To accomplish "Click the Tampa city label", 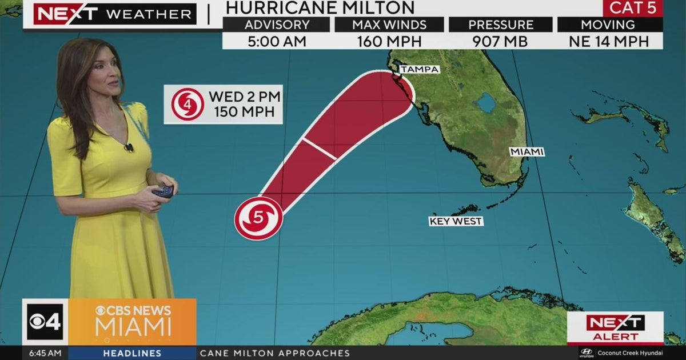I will point(420,69).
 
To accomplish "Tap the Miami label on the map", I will point(527,151).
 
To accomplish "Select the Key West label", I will point(456,221).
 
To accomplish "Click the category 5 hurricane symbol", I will point(258,218).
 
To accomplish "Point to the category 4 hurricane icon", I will point(187,104).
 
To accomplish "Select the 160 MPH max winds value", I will point(389,41).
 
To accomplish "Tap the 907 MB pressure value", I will point(500,41).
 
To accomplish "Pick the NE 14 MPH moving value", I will point(609,41).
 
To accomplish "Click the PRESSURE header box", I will point(500,25).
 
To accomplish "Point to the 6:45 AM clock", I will point(45,353).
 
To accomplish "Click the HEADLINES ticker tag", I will point(132,353).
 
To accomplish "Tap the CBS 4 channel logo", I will point(45,322).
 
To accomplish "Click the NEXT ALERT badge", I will point(615,328).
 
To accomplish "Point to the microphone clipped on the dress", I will point(129,147).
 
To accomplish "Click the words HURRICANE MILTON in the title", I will point(320,7).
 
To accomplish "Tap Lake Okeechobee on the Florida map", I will point(487,103).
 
